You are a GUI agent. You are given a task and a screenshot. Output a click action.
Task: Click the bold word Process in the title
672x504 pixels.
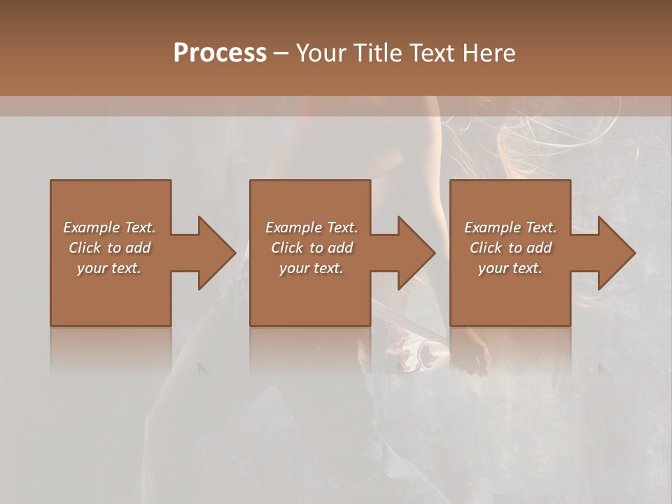click(x=220, y=53)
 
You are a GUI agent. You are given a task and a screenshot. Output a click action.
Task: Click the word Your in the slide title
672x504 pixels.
click(x=321, y=53)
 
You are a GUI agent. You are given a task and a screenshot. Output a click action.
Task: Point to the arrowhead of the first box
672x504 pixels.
click(x=217, y=253)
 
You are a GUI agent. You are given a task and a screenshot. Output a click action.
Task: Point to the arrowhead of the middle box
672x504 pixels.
click(x=416, y=253)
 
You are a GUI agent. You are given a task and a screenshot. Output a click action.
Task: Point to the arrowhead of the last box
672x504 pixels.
click(x=617, y=253)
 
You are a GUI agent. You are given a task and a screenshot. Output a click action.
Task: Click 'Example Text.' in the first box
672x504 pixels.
click(x=109, y=227)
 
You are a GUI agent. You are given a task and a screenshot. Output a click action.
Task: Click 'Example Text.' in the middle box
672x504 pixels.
click(x=311, y=227)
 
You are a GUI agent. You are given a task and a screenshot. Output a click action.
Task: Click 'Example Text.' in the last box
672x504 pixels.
click(x=510, y=227)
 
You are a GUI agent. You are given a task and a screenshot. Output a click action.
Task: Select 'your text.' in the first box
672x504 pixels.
click(x=109, y=268)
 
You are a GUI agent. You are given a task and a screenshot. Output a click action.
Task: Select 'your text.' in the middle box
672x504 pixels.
click(x=311, y=268)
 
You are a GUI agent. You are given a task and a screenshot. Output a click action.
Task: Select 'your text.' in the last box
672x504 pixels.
click(x=510, y=268)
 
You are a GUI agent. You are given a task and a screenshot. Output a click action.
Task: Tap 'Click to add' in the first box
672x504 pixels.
click(x=109, y=248)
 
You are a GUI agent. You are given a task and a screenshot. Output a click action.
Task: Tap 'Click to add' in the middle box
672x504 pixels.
click(x=311, y=248)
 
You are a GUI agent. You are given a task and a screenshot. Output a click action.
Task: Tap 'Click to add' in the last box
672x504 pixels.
click(x=510, y=248)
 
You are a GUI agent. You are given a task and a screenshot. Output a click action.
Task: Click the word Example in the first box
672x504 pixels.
click(x=90, y=227)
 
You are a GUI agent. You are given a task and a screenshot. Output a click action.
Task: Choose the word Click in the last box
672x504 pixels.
click(x=486, y=248)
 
